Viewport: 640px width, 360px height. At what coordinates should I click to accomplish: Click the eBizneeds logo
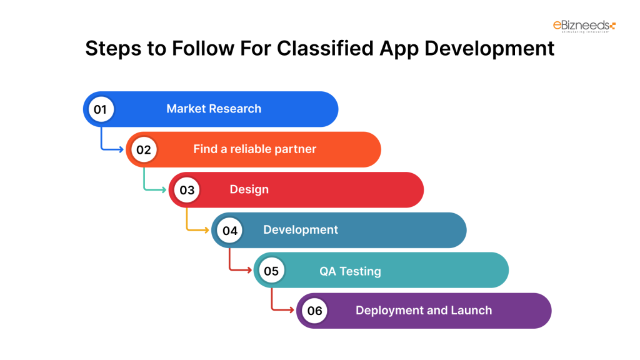pos(584,26)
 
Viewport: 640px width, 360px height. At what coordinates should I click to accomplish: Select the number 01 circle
pos(101,109)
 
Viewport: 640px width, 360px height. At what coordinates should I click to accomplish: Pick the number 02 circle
pos(144,150)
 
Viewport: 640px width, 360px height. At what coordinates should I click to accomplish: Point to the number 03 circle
pos(186,190)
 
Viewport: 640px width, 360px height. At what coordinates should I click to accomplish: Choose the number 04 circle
pos(229,231)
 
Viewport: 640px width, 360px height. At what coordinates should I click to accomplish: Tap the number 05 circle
pos(271,271)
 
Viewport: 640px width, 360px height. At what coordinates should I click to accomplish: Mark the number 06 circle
pos(314,311)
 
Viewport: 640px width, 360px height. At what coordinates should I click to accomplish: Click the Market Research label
pos(214,109)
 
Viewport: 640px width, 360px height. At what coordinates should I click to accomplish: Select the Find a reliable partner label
pos(254,149)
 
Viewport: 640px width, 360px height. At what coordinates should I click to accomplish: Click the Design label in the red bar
pos(249,189)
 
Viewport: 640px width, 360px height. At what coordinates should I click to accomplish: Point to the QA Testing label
pos(350,271)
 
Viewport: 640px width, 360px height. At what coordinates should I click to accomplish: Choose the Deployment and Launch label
pos(424,311)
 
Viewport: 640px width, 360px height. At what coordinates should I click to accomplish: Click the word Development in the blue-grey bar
pos(301,230)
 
